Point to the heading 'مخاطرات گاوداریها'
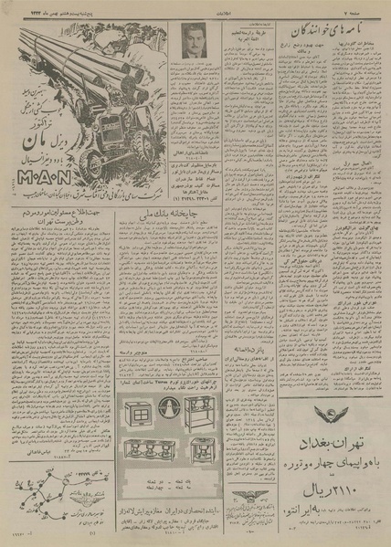coord(353,47)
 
